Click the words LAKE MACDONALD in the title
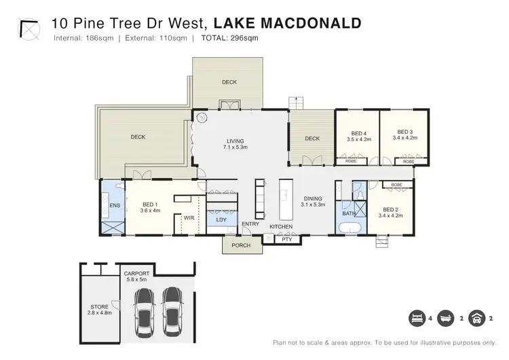pos(287,24)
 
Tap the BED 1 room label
pos(151,204)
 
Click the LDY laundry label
pos(221,219)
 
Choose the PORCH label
pos(241,245)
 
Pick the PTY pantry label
pos(286,238)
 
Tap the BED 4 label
pos(358,132)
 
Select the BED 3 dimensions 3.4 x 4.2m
pos(405,139)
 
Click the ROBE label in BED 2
pos(396,185)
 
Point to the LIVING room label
pos(235,141)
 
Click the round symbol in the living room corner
pos(202,118)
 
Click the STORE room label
pos(100,306)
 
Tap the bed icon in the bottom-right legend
pos(415,318)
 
